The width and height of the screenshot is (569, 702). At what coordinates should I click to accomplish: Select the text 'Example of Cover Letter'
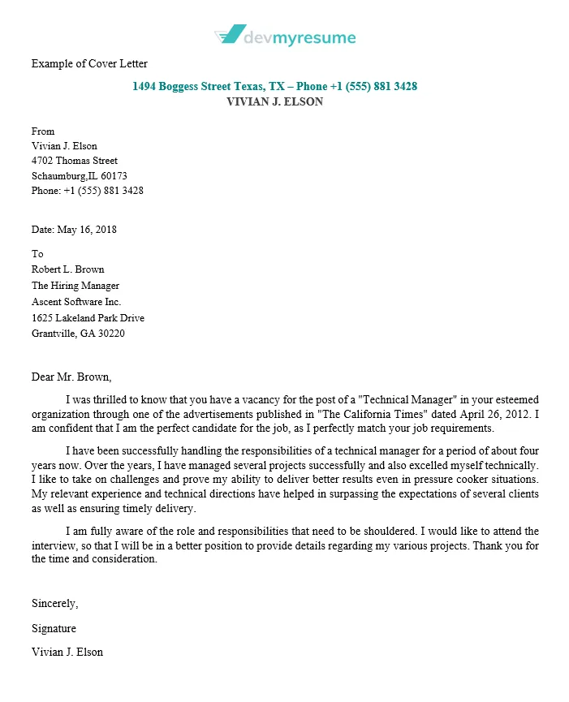89,63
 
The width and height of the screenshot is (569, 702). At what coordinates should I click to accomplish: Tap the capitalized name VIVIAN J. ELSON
274,101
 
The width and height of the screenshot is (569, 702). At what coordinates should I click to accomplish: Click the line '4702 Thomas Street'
75,161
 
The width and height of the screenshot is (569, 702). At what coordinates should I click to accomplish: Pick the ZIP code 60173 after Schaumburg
114,175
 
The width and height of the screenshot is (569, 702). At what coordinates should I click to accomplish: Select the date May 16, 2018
87,230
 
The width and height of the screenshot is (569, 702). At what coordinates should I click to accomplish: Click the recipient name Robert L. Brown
67,269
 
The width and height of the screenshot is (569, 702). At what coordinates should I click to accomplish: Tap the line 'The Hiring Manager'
75,286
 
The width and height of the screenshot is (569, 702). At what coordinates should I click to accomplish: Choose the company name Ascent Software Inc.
75,301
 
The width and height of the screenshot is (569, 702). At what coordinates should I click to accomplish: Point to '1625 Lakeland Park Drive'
88,317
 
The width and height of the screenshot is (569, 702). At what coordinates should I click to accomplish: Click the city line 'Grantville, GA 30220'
78,333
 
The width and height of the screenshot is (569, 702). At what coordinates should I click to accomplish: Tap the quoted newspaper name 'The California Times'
379,414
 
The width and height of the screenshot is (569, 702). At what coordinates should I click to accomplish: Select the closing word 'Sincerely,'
55,603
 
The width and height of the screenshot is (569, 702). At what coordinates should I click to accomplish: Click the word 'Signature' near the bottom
54,628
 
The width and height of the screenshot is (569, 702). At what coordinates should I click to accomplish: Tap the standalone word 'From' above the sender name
43,131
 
